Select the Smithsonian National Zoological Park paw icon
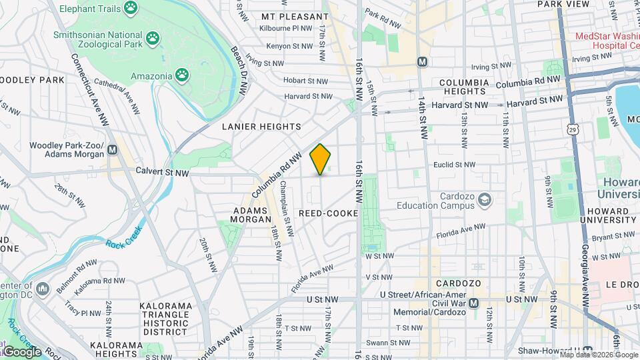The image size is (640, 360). click(154, 39)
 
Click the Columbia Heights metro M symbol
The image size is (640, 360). click(422, 61)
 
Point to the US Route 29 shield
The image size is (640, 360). click(573, 129)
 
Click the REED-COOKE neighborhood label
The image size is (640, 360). click(328, 213)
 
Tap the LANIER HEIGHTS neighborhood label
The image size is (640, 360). click(261, 126)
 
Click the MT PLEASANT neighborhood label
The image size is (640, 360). click(295, 16)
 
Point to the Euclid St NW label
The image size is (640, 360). click(454, 165)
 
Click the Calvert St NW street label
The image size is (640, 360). click(162, 173)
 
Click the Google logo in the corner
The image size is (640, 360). click(21, 352)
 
